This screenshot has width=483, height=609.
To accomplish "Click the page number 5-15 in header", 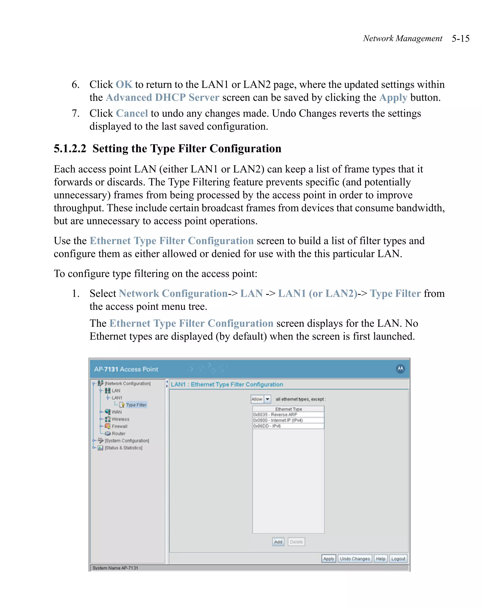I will [460, 38].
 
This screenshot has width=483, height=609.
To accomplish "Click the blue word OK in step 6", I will [124, 85].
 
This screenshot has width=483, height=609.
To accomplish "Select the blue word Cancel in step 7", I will [132, 113].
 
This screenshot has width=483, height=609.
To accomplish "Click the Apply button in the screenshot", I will [328, 558].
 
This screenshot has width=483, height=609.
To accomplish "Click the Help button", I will [380, 558].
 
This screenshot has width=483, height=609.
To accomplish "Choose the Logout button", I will [398, 558].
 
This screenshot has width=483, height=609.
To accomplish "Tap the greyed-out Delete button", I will [296, 541].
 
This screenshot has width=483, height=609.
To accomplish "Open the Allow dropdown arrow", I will [267, 399].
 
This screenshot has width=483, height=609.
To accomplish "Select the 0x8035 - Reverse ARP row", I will [288, 414].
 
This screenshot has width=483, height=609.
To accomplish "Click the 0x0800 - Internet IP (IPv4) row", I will [288, 420].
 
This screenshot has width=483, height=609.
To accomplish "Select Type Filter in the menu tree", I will [136, 405].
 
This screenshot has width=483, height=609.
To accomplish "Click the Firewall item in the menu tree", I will [119, 426].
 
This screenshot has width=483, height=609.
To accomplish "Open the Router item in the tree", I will [118, 433].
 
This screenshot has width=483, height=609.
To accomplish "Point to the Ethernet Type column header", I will [288, 409].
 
